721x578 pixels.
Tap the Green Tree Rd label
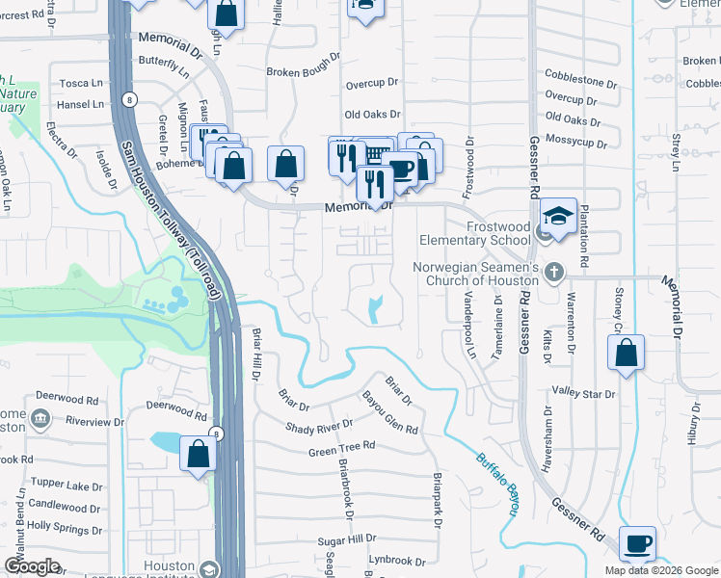340,448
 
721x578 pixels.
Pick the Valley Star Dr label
583,393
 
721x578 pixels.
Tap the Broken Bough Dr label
304,71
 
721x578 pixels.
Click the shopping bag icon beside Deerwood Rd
199,453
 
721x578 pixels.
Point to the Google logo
32,566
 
